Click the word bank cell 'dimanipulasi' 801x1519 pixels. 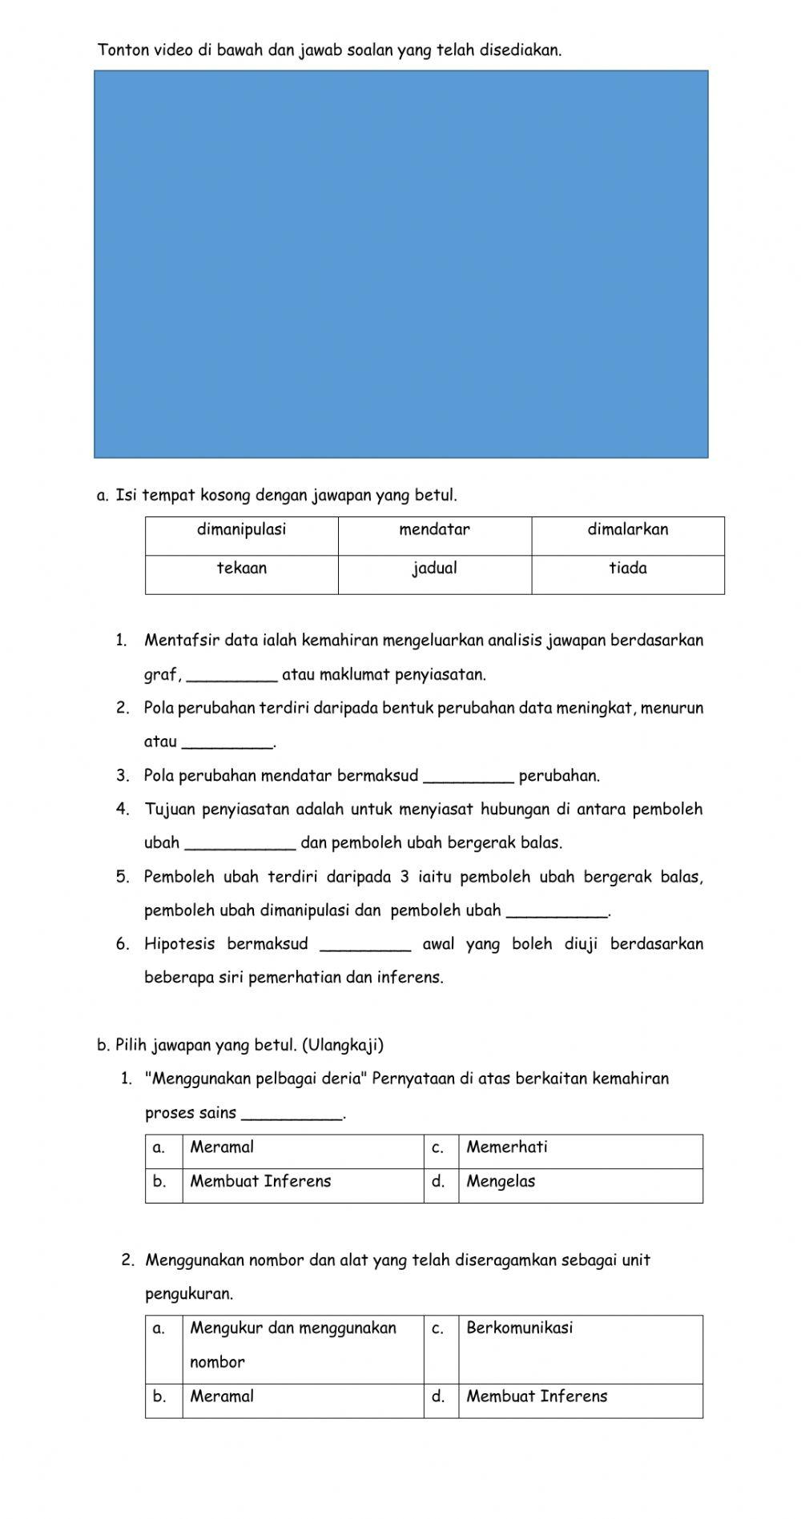point(241,529)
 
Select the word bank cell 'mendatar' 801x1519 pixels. point(434,529)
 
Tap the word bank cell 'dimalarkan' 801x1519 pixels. point(627,529)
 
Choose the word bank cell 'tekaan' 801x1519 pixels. point(241,569)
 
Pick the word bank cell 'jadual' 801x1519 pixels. point(434,569)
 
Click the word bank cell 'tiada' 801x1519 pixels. point(627,569)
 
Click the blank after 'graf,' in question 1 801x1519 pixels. point(231,676)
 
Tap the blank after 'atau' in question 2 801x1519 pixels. point(228,743)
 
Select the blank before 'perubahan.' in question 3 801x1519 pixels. point(468,777)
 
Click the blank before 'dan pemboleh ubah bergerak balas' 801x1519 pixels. point(240,844)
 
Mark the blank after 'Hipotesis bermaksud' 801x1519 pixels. point(365,945)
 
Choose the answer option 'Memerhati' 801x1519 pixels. point(507,1147)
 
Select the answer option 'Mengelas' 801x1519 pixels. point(501,1182)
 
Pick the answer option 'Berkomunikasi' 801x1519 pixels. point(519,1328)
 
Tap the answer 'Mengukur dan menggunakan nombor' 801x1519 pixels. point(292,1344)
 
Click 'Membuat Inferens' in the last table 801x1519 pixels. point(537,1397)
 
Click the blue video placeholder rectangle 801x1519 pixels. point(400,264)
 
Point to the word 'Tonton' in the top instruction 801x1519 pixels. point(123,50)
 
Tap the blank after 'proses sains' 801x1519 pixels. point(292,1114)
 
